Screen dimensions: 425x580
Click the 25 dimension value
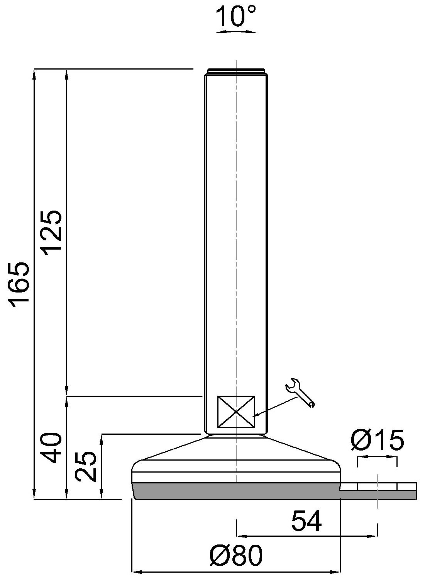86,466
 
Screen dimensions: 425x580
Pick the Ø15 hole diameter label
377,440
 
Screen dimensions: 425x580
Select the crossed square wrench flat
236,412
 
